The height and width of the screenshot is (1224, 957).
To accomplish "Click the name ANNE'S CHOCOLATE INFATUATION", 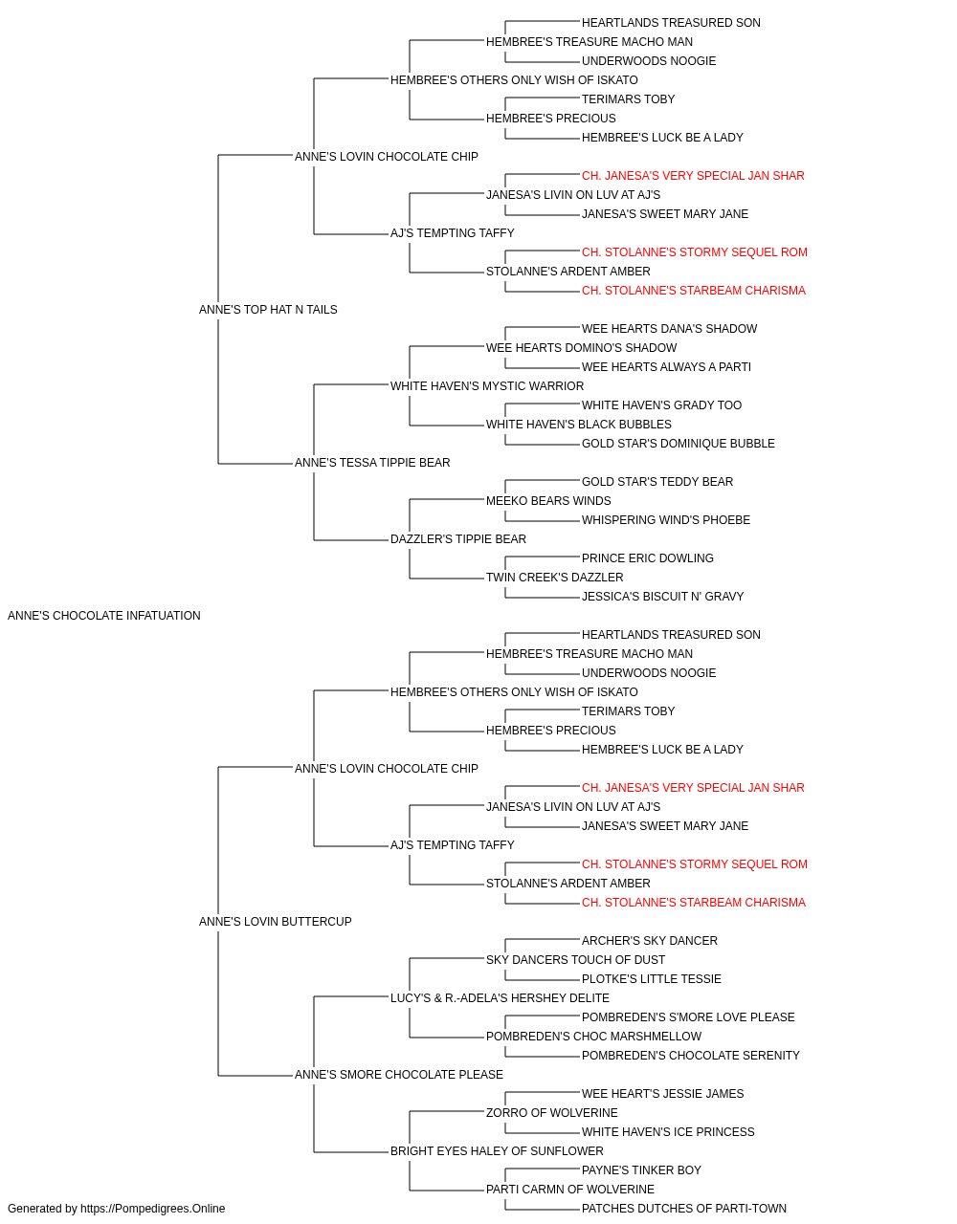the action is click(103, 616).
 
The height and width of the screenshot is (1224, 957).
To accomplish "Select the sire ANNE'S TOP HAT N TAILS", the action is click(268, 309).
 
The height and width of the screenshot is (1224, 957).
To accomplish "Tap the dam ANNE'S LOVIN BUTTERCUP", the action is click(275, 922).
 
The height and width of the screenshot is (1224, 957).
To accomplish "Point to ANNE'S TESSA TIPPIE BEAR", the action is click(372, 463).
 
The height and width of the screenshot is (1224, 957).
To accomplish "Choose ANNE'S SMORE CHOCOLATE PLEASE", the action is click(398, 1075).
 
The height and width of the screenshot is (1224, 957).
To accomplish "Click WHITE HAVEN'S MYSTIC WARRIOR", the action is click(487, 385).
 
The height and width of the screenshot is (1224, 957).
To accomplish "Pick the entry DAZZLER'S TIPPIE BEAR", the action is click(458, 539).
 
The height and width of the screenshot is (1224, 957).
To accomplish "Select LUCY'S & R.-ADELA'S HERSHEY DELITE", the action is click(500, 998).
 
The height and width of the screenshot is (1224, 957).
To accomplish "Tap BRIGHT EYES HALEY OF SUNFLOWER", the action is click(497, 1151).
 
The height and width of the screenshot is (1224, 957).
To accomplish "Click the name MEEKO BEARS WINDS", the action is click(548, 501).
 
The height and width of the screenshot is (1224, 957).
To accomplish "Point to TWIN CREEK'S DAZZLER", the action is click(555, 578).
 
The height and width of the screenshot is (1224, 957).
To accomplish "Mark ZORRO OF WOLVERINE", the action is click(552, 1113).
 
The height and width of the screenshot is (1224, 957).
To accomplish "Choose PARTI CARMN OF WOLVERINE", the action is click(569, 1190).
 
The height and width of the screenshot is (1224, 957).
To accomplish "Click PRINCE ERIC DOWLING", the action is click(648, 558).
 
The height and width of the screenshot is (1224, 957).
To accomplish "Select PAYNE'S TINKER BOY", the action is click(641, 1170).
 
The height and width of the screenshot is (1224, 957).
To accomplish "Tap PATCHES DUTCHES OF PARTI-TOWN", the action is click(683, 1209).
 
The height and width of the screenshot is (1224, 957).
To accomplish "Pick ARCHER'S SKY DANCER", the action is click(649, 941).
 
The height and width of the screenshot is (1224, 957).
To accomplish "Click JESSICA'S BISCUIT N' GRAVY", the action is click(663, 597).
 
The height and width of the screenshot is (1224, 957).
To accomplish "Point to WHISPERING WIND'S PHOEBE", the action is click(666, 520).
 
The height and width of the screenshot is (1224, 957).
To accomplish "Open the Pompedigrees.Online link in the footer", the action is click(153, 1209).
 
